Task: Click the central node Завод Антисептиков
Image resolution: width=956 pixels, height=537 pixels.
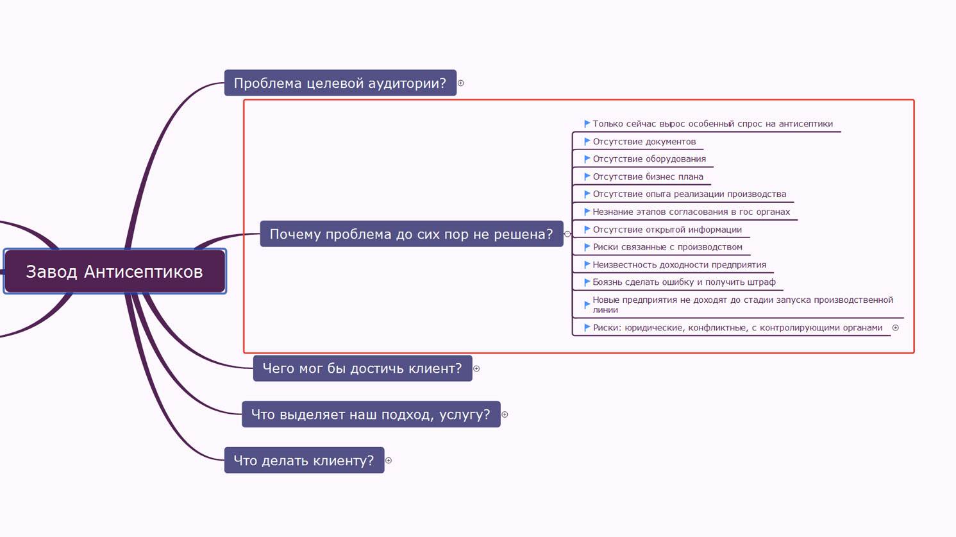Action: (115, 271)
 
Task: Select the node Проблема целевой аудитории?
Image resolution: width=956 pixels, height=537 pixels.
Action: (340, 83)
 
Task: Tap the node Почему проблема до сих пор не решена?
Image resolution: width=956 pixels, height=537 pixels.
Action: (412, 234)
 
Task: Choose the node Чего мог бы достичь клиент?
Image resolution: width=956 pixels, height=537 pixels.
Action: (362, 368)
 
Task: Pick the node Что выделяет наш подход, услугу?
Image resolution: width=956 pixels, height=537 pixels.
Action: (371, 414)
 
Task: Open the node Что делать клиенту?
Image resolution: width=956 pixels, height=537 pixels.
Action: (305, 460)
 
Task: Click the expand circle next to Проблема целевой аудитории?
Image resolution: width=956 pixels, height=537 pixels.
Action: (461, 83)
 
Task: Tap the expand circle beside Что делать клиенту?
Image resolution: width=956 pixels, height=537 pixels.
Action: (389, 461)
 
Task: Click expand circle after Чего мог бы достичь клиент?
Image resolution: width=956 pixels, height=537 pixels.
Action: (477, 369)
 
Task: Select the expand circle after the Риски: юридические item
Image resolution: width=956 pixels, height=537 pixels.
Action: (895, 328)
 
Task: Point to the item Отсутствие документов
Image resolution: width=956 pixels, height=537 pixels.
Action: (644, 141)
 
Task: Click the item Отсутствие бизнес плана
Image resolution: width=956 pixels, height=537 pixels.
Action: (648, 176)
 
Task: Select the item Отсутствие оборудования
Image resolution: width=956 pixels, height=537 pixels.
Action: (649, 159)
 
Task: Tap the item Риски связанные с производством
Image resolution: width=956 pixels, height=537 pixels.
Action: (667, 247)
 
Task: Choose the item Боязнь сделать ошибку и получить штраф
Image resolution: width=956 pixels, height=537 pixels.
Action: (684, 282)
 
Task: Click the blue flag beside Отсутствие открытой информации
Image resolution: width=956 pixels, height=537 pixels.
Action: (587, 230)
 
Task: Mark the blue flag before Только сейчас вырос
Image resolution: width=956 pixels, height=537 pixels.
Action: (587, 123)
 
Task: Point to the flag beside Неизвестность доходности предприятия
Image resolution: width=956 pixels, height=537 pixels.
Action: (587, 264)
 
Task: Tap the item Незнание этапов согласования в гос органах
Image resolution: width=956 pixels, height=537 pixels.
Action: (691, 212)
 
